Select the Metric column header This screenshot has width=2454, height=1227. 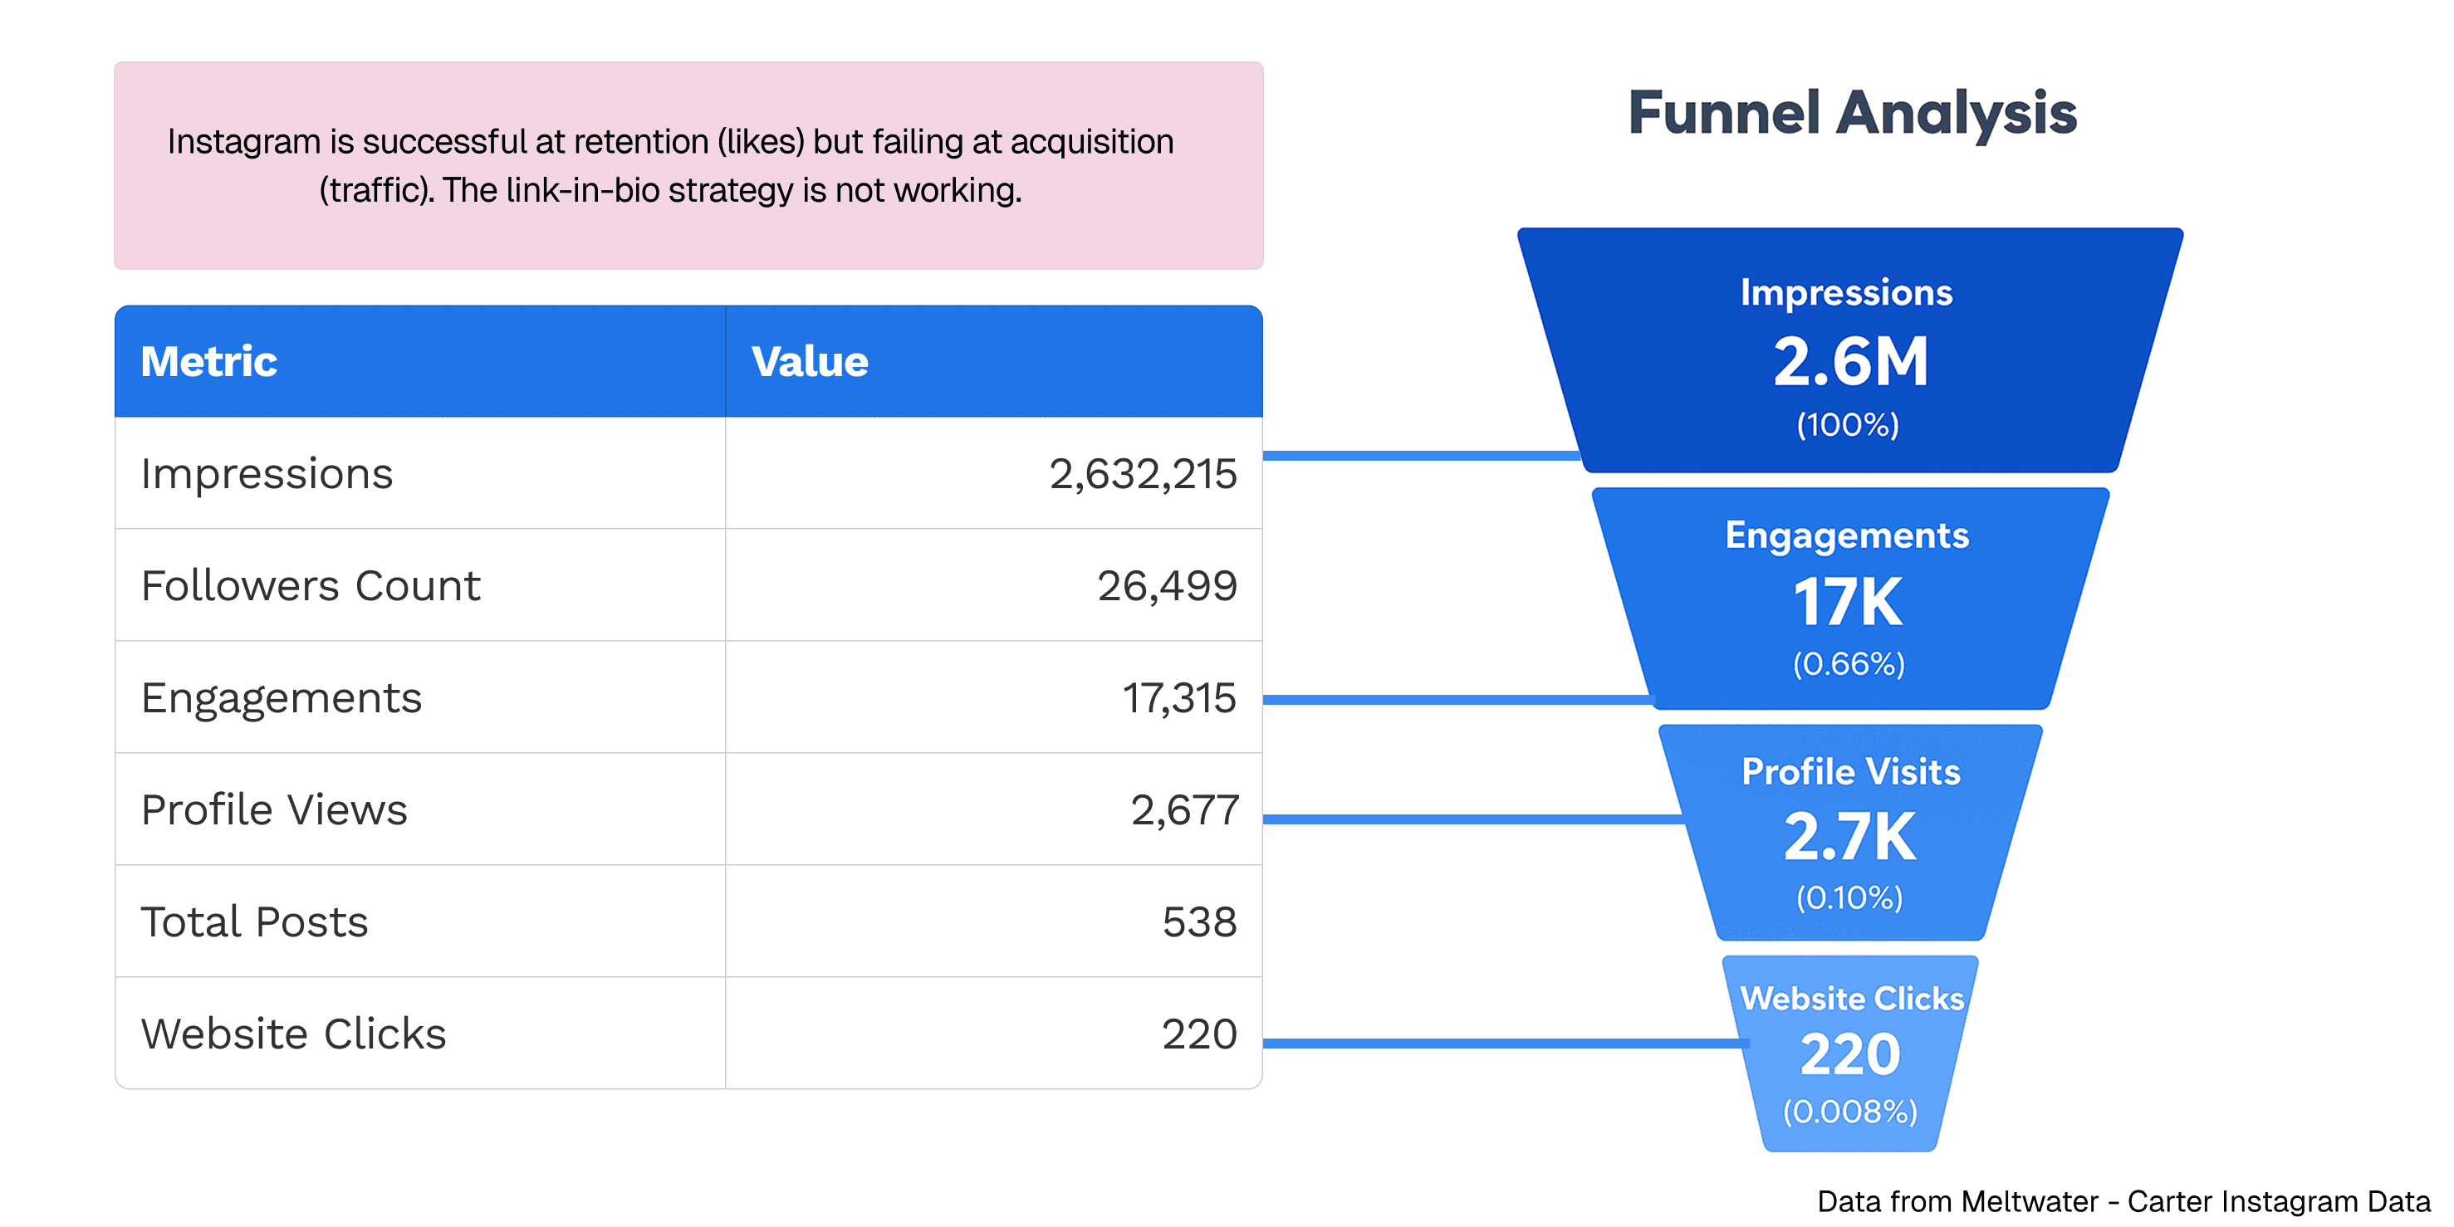pyautogui.click(x=208, y=362)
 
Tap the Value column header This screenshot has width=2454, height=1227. pyautogui.click(x=809, y=362)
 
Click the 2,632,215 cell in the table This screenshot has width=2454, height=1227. pyautogui.click(x=1142, y=474)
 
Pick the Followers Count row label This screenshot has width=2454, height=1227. pyautogui.click(x=311, y=586)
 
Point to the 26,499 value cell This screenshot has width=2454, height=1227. pyautogui.click(x=1166, y=586)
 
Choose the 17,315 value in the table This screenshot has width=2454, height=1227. pyautogui.click(x=1178, y=698)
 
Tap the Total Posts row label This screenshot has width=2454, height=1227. pyautogui.click(x=254, y=922)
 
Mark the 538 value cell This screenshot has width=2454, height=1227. pyautogui.click(x=1198, y=922)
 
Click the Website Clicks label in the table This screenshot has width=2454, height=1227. pyautogui.click(x=293, y=1034)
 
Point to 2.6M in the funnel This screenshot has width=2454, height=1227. pyautogui.click(x=1850, y=362)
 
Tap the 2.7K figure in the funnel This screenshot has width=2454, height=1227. pyautogui.click(x=1849, y=838)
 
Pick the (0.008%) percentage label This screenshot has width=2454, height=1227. pyautogui.click(x=1849, y=1112)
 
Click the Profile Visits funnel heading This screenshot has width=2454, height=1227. pyautogui.click(x=1850, y=771)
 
